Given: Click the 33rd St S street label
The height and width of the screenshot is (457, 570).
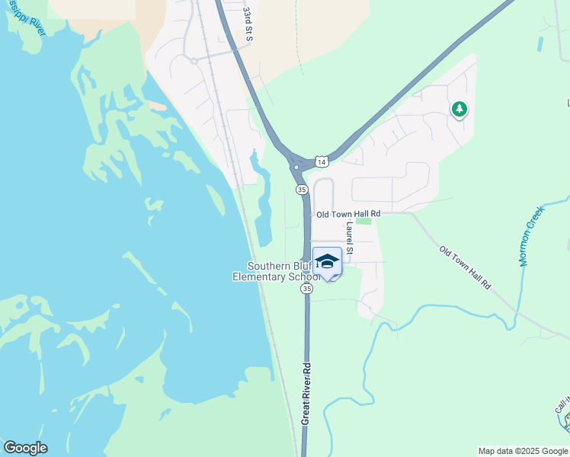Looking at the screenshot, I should (x=248, y=25).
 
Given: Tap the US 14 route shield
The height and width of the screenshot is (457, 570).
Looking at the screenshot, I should (x=322, y=162).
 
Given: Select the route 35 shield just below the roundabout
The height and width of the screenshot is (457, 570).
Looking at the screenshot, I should (x=302, y=189).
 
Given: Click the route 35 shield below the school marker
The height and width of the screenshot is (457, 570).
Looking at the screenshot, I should (x=306, y=289).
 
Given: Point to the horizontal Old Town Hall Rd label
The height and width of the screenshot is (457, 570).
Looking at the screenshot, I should (x=347, y=215).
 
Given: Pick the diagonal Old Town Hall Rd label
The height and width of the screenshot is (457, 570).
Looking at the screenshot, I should (x=466, y=266).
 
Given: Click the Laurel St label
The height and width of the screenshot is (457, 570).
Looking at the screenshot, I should (x=350, y=238).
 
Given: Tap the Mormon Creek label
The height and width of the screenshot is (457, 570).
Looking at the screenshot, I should (x=533, y=235).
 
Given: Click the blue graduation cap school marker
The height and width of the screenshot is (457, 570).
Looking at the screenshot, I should (x=327, y=261).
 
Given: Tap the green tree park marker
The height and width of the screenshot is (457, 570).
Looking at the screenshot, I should (x=459, y=110).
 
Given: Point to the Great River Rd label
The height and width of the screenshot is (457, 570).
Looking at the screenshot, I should (x=306, y=393).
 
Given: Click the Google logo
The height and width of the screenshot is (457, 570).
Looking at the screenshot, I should (x=25, y=448).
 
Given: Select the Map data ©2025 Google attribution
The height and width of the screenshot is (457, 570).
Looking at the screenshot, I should (x=523, y=451).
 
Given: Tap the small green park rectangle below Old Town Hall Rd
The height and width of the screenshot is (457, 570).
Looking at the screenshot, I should (x=363, y=222).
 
